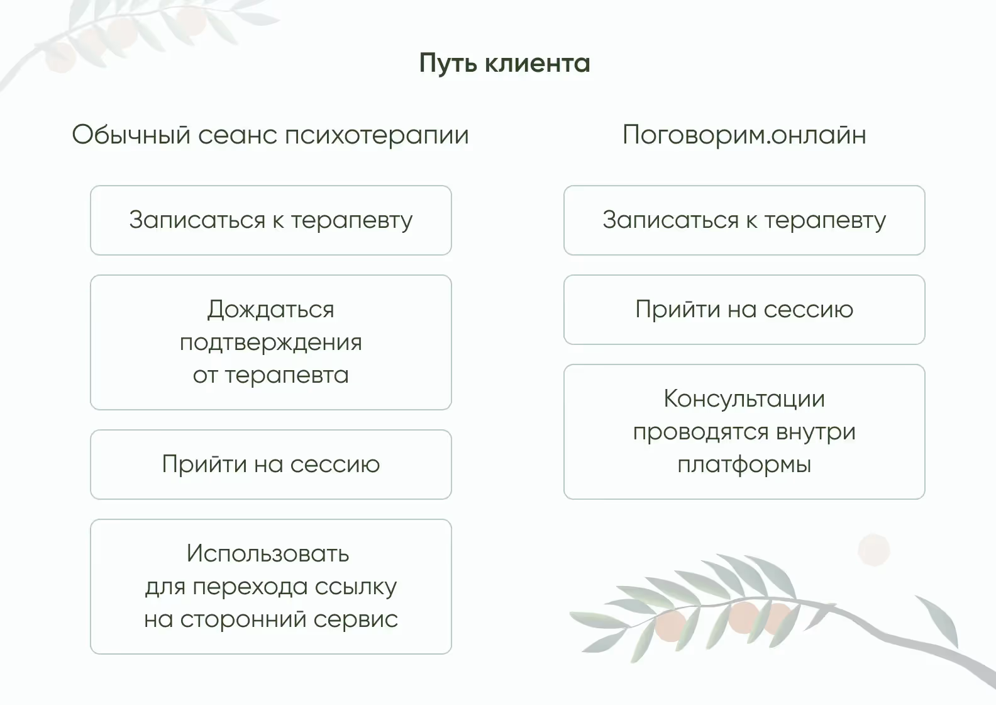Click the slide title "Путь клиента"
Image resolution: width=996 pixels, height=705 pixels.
point(504,64)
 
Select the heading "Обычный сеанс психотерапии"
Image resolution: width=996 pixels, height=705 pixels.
point(270,135)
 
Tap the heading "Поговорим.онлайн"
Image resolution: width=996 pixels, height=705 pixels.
point(744,135)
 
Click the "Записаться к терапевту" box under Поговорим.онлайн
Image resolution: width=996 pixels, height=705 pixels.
point(744,220)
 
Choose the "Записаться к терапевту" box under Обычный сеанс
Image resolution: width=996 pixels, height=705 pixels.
point(270,220)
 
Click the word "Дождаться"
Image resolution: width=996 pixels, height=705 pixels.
point(270,310)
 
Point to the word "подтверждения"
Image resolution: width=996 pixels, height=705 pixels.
point(270,343)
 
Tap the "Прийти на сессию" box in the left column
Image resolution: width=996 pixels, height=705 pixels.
point(270,465)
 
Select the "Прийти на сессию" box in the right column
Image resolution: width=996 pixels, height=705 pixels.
point(744,310)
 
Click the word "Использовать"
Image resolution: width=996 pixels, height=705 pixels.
point(268,554)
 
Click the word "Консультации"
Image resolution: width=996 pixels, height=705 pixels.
point(744,399)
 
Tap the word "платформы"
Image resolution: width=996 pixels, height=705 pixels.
point(744,465)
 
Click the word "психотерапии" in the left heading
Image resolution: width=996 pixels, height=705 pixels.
point(377,135)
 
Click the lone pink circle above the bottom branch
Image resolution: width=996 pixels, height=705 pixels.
point(873,550)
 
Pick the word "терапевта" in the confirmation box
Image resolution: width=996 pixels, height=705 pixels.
point(287,376)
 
